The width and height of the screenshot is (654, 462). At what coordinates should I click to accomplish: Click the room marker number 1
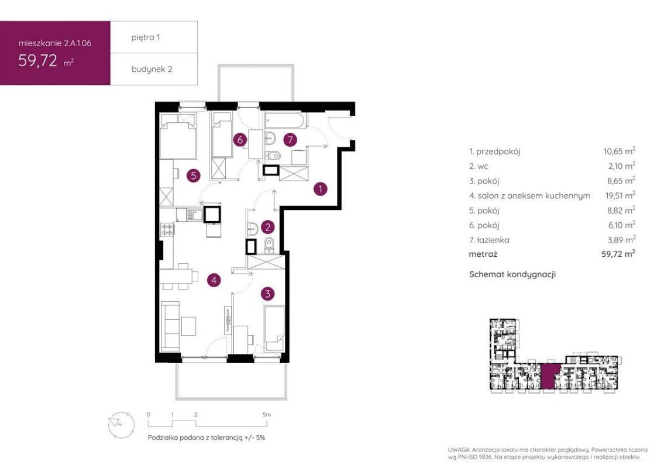321,189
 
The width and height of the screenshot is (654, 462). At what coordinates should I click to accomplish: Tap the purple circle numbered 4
214,280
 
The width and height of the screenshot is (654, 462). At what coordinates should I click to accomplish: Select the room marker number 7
290,140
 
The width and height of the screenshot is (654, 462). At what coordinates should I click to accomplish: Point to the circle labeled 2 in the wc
268,227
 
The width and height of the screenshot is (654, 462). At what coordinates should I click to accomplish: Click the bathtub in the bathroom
285,120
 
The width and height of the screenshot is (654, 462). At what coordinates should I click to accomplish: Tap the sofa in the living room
171,326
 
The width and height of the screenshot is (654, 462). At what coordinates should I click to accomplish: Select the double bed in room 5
178,136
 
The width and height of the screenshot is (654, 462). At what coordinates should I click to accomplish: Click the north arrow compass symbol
121,424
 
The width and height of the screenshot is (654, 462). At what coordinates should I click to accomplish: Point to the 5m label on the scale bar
267,415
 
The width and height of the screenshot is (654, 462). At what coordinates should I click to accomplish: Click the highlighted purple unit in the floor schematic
550,375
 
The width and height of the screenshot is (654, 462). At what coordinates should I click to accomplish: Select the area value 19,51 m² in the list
620,195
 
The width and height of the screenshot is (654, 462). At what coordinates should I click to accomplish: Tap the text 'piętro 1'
146,37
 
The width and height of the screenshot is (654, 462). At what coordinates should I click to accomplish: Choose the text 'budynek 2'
152,69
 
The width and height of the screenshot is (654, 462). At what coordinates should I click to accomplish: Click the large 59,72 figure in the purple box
37,61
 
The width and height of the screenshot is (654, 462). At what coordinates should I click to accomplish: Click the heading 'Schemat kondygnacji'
512,274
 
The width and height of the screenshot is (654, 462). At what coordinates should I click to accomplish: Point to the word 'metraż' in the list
483,254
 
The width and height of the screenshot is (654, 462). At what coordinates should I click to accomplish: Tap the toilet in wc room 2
270,245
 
